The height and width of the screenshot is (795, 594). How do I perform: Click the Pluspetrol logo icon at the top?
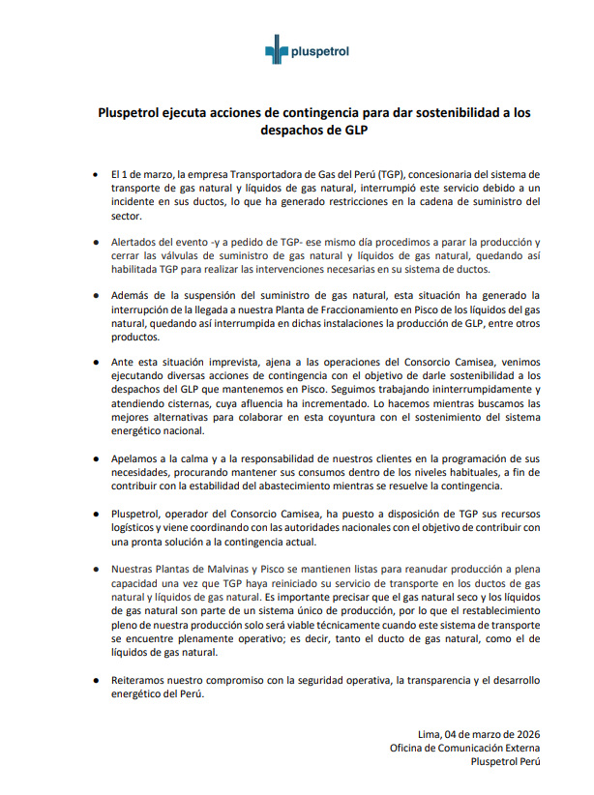[x=278, y=52]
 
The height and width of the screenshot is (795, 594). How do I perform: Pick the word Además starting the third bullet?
[x=133, y=293]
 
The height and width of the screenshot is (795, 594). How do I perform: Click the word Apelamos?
[x=135, y=456]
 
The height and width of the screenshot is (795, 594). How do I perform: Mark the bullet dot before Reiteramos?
[x=94, y=681]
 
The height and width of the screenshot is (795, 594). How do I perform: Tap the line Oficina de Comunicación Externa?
[x=464, y=748]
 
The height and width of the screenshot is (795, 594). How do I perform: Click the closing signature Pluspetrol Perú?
[x=503, y=762]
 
